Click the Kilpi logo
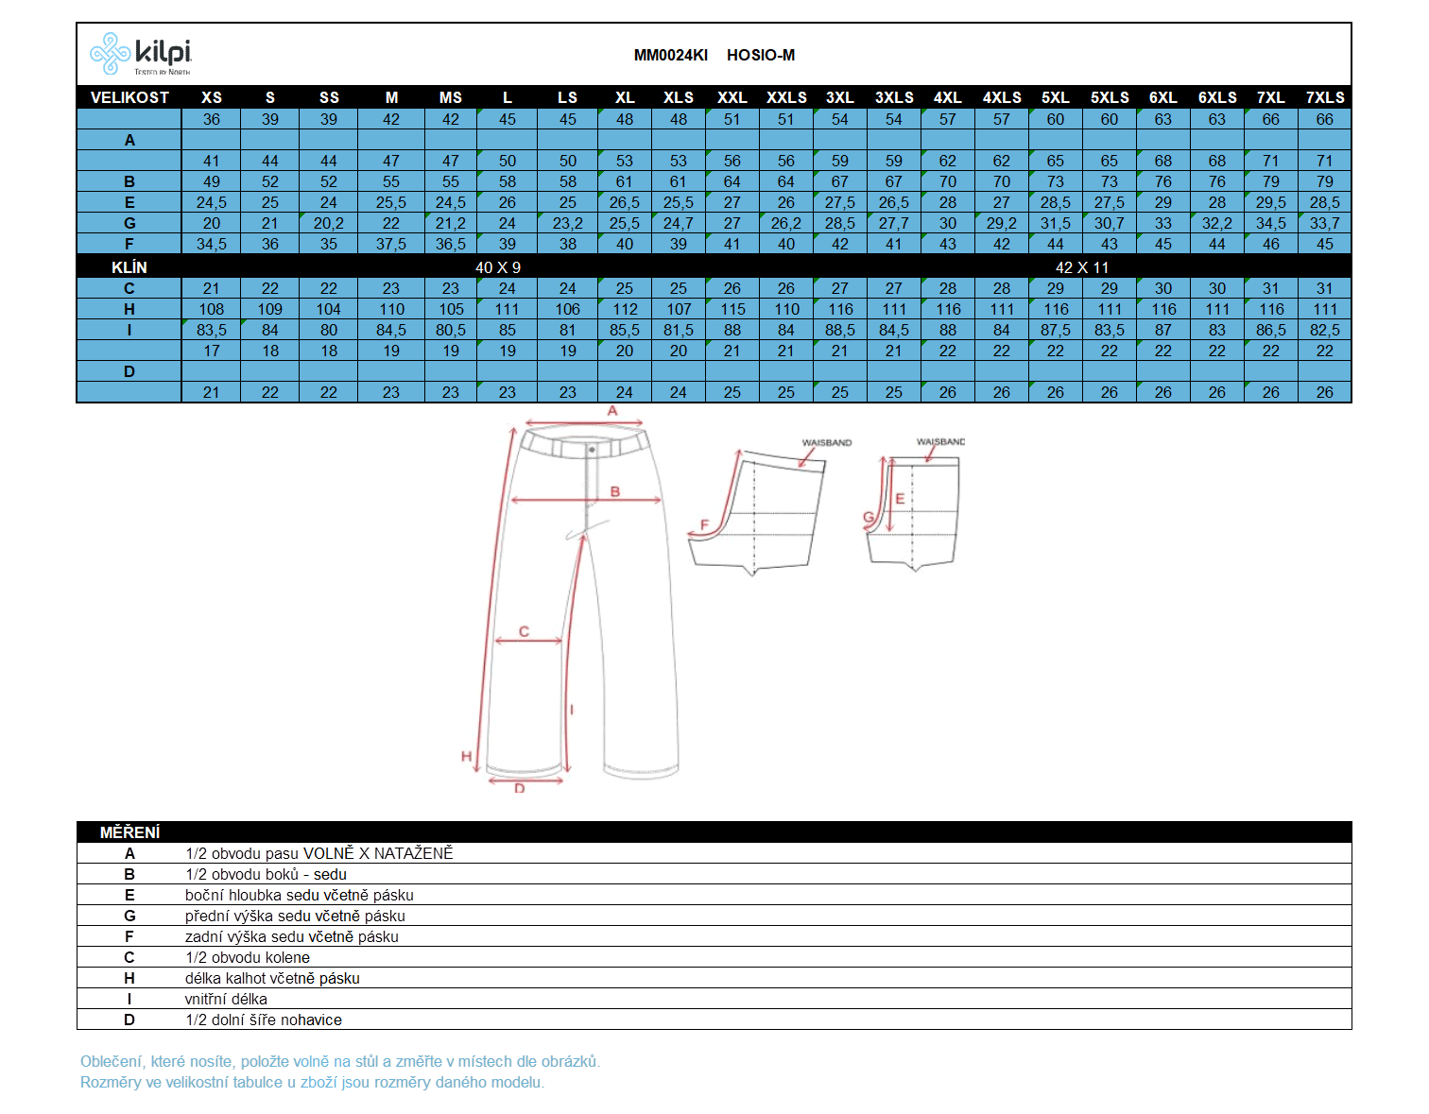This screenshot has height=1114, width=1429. (x=140, y=53)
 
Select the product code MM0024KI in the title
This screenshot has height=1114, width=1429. (x=670, y=55)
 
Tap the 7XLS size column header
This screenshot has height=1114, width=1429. (x=1324, y=97)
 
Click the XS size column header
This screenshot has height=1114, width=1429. (x=211, y=97)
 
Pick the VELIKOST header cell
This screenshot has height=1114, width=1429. (x=129, y=97)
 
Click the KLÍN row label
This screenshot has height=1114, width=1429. (x=129, y=267)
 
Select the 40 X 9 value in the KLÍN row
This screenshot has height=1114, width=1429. (x=498, y=267)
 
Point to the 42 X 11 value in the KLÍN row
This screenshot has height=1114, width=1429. (x=1082, y=267)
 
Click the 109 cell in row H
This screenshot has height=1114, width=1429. (x=269, y=309)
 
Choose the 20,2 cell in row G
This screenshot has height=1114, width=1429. (x=328, y=223)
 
